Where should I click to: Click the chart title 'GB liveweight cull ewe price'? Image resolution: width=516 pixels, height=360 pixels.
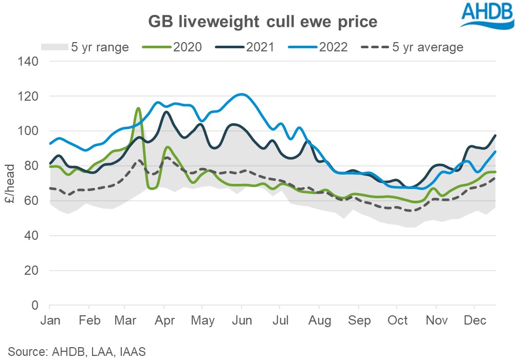pos(263,22)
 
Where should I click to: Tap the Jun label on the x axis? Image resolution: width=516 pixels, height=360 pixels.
pos(242,320)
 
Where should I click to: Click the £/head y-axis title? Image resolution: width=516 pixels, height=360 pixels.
pos(11,183)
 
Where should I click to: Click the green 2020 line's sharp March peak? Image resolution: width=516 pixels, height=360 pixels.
pos(138,108)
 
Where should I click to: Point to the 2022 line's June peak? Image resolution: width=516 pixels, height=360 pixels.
pos(242,94)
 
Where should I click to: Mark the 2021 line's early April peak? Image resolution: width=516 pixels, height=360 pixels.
pos(166,111)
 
